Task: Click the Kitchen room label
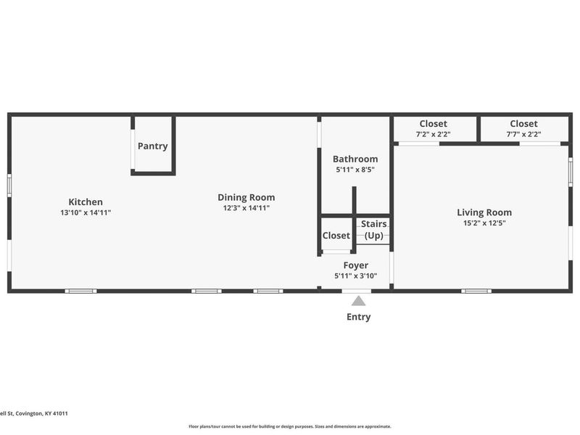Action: tap(86, 202)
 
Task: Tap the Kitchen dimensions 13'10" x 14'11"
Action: tap(86, 212)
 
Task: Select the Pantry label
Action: tap(153, 146)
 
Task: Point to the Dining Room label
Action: tap(246, 197)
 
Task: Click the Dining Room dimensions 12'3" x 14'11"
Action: tap(246, 208)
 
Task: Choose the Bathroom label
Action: tap(355, 159)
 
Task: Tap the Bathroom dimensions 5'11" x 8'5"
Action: tap(355, 170)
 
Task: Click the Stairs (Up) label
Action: tap(374, 230)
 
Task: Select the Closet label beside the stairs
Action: tap(336, 236)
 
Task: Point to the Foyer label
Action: tap(356, 265)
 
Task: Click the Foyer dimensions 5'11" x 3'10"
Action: tap(356, 276)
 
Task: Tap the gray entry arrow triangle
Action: tap(358, 301)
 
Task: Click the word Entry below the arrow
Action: tap(359, 317)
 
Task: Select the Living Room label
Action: tap(484, 212)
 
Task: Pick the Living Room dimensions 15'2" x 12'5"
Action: tap(484, 223)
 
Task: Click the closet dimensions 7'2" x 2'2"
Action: tap(433, 134)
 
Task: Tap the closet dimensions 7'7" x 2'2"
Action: tap(523, 134)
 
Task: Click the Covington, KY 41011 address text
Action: tap(41, 413)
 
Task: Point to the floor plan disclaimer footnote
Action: tap(290, 426)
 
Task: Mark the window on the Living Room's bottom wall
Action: tap(476, 291)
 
